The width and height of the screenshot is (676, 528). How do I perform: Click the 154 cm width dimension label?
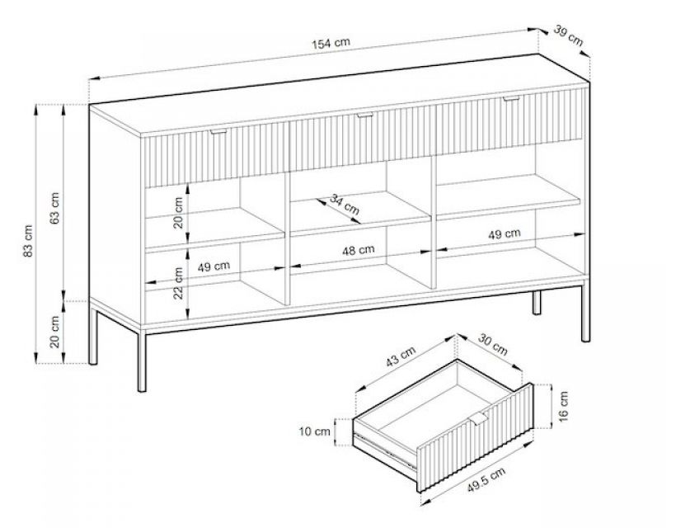(331, 43)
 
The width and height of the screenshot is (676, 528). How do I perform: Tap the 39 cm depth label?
(568, 35)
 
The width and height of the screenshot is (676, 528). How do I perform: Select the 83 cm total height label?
(28, 241)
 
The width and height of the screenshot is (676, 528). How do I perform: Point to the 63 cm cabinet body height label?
(55, 208)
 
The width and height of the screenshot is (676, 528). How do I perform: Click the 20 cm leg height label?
(55, 332)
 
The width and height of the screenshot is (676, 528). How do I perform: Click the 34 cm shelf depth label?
(345, 204)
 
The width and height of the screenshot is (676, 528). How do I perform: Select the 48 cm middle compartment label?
(359, 250)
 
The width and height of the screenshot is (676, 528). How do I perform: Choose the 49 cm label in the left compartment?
(214, 266)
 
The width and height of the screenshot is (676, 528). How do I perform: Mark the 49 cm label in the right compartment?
(505, 234)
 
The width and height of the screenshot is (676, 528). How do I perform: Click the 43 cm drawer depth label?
(401, 356)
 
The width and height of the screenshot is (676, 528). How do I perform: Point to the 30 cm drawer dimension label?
(493, 344)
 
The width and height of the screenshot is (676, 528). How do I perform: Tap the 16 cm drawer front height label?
(563, 406)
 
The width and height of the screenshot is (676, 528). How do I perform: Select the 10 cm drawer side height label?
(315, 431)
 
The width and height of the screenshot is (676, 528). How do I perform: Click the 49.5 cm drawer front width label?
(486, 479)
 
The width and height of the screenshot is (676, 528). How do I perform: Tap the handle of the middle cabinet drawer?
(364, 115)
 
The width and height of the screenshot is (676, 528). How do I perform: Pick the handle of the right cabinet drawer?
(510, 99)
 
